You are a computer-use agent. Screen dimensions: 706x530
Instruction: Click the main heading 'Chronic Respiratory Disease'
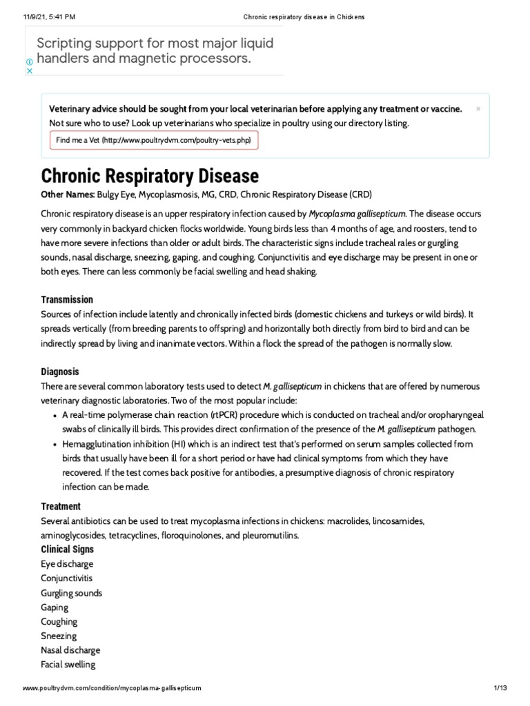(150, 176)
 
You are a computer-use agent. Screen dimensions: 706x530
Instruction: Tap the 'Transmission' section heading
(67, 300)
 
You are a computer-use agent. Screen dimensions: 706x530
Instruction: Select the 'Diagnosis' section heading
(60, 372)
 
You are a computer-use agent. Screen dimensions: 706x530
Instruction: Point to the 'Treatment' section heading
(61, 507)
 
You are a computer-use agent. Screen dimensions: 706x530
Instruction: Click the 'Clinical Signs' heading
(68, 549)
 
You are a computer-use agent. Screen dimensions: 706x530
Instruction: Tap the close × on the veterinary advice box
(478, 109)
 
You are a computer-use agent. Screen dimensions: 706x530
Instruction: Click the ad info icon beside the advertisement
(30, 61)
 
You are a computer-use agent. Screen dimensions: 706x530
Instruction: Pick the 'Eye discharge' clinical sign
(67, 564)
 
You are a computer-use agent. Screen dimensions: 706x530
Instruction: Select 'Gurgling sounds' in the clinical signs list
(71, 593)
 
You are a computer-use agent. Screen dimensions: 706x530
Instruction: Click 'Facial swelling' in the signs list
(68, 665)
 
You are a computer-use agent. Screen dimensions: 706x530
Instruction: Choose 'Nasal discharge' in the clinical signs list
(70, 650)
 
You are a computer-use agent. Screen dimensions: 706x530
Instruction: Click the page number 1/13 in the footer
(500, 689)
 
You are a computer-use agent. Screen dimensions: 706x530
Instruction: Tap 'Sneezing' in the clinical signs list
(59, 636)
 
